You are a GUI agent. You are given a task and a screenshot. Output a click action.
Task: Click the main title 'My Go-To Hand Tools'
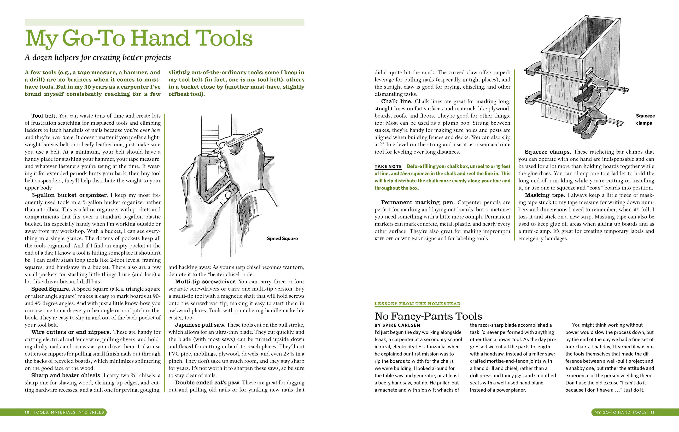pos(139,38)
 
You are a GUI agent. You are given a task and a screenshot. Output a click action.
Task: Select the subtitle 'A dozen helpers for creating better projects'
pos(98,57)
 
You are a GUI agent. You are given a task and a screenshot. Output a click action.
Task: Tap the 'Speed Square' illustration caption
pos(282,238)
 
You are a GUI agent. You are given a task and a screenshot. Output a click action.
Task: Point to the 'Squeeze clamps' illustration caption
pos(645,119)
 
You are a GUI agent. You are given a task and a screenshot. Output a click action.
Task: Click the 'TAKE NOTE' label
pos(388,166)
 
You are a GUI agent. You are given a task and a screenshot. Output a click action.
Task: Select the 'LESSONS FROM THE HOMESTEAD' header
pos(417,304)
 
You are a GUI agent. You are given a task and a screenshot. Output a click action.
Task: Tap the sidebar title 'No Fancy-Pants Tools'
pos(428,316)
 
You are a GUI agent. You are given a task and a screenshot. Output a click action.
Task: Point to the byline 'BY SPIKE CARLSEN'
pos(397,325)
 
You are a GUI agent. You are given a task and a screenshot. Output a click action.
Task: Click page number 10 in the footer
pos(27,412)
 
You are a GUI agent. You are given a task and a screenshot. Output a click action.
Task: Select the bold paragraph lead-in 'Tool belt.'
pos(44,116)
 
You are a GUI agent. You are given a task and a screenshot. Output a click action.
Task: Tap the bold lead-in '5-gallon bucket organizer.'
pos(69,195)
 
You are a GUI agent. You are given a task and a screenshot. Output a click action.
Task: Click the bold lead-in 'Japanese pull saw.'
pos(200,325)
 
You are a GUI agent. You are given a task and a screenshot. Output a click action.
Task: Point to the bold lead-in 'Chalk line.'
pos(396,101)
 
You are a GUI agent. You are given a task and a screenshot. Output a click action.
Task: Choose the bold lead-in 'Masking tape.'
pos(545,195)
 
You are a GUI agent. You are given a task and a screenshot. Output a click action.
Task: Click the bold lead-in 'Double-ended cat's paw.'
pos(208,383)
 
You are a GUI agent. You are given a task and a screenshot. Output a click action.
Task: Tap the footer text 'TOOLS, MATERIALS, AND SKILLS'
pos(69,412)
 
